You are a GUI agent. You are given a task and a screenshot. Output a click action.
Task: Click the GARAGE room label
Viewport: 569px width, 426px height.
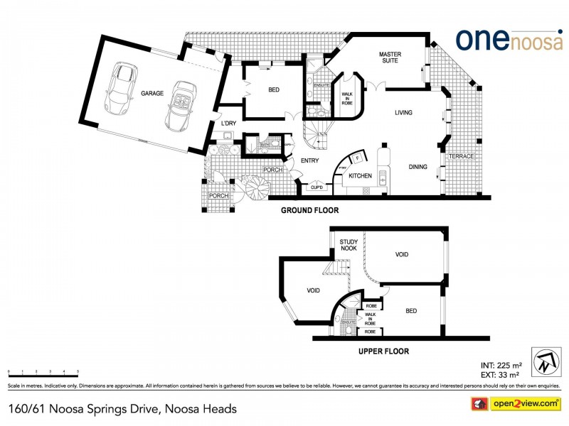pos(151,93)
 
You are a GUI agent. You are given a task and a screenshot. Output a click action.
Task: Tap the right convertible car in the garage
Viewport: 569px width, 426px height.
pos(181,106)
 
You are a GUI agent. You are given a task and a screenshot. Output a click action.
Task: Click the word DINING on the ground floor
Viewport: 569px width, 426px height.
pos(418,167)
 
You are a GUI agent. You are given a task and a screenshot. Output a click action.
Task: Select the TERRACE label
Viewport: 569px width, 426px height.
pos(461,156)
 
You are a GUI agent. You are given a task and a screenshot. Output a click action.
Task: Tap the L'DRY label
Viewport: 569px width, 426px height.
pos(228,124)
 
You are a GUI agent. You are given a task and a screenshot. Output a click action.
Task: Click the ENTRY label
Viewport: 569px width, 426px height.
pos(309,161)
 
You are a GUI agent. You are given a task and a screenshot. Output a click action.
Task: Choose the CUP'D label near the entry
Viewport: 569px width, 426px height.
pos(317,187)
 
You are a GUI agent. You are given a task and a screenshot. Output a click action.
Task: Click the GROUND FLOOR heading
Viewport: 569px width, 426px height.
pos(309,210)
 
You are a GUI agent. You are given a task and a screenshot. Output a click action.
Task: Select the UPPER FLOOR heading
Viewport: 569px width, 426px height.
pos(385,351)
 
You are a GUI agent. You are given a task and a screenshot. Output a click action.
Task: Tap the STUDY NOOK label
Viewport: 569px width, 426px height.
pos(349,245)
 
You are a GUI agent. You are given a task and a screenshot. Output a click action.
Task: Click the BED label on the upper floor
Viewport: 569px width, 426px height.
pos(411,311)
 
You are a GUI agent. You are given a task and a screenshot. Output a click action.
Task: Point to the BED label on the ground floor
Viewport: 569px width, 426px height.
pos(273,90)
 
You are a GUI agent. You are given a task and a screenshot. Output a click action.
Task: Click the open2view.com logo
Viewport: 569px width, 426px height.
pos(519,404)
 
